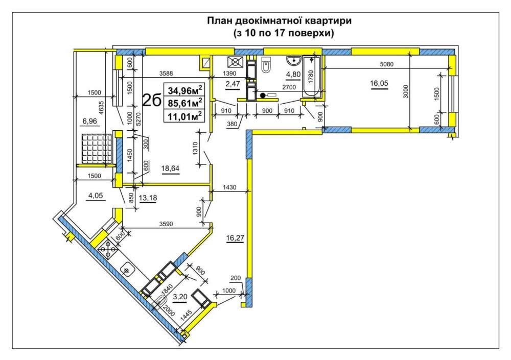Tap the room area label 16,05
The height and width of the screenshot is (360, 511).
379,83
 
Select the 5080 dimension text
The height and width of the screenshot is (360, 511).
387,64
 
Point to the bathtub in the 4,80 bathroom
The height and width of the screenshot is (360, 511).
312,77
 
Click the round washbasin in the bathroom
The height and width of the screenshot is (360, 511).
294,61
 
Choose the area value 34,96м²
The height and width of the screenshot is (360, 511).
185,89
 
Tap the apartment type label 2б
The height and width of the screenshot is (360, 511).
152,100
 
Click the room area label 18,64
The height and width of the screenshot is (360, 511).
171,168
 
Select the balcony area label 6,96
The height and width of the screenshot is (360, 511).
89,121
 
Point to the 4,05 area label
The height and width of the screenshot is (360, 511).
96,196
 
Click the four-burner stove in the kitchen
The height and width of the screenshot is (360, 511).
108,250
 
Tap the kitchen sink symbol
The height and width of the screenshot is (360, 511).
127,270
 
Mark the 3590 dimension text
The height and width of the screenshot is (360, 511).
166,224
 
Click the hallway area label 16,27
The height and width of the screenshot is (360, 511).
235,238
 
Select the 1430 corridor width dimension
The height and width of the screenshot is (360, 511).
230,187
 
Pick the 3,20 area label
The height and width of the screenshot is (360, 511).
180,297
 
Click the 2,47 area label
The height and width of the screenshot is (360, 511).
233,84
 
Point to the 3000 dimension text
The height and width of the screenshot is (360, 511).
405,91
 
